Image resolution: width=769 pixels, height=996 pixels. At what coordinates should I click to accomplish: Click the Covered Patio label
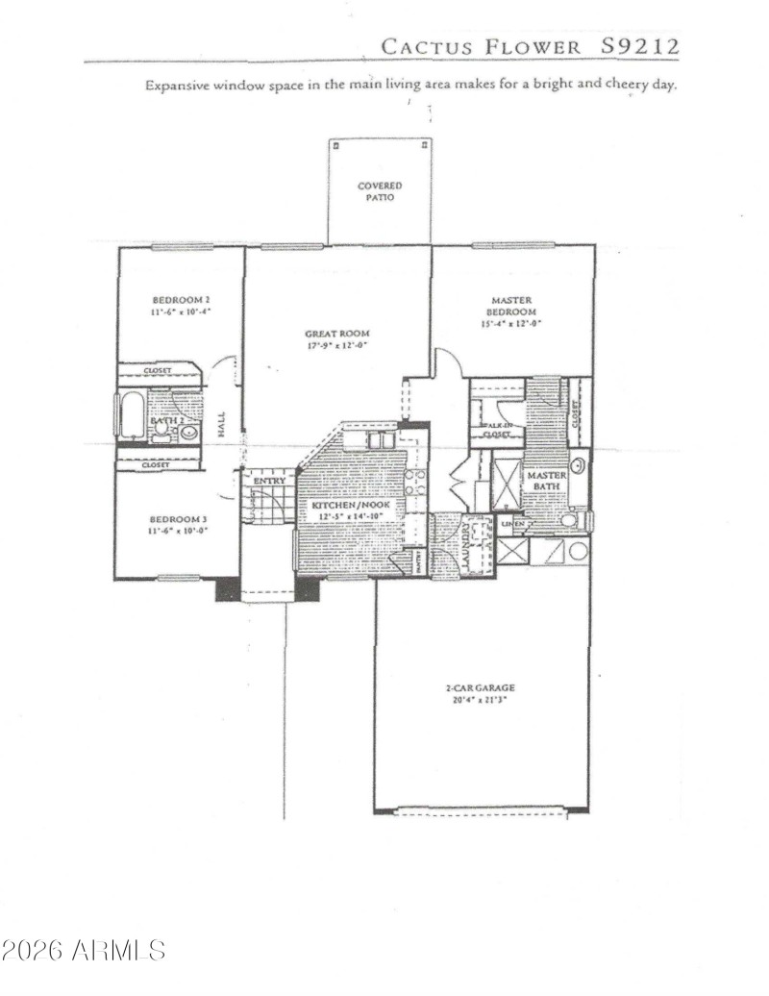pyautogui.click(x=380, y=191)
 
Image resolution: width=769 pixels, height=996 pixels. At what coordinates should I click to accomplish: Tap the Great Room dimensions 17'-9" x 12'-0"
pyautogui.click(x=337, y=344)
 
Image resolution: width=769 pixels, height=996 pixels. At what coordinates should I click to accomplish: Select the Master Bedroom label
pyautogui.click(x=511, y=307)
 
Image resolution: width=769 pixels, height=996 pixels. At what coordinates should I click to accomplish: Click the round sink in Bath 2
pyautogui.click(x=188, y=433)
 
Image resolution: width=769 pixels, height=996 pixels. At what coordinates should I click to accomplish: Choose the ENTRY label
pyautogui.click(x=268, y=480)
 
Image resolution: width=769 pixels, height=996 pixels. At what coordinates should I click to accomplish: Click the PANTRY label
pyautogui.click(x=421, y=561)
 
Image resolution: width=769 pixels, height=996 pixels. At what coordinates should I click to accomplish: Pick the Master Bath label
pyautogui.click(x=545, y=482)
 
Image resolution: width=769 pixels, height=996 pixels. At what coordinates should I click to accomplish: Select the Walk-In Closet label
pyautogui.click(x=498, y=430)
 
